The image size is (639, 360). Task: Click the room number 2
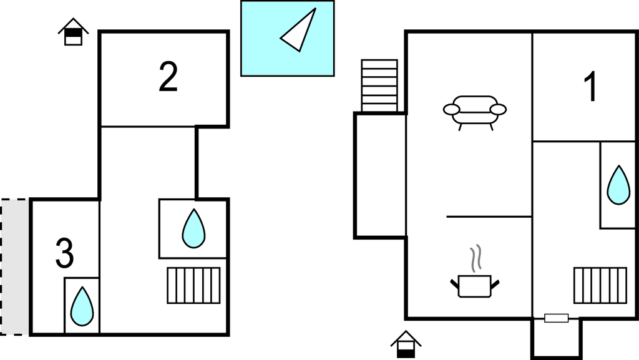(168, 77)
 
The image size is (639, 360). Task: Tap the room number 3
(64, 253)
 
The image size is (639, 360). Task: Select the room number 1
(590, 87)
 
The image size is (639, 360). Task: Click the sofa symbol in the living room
(475, 111)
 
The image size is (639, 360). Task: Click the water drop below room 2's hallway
(193, 228)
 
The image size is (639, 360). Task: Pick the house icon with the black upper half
(73, 32)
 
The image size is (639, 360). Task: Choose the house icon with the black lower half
(406, 344)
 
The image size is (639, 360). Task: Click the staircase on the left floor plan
(193, 285)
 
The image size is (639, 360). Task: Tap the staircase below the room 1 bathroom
(600, 285)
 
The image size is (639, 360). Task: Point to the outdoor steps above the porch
(379, 85)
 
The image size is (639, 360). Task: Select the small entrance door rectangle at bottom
(556, 318)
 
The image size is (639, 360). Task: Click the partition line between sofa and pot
(489, 216)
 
